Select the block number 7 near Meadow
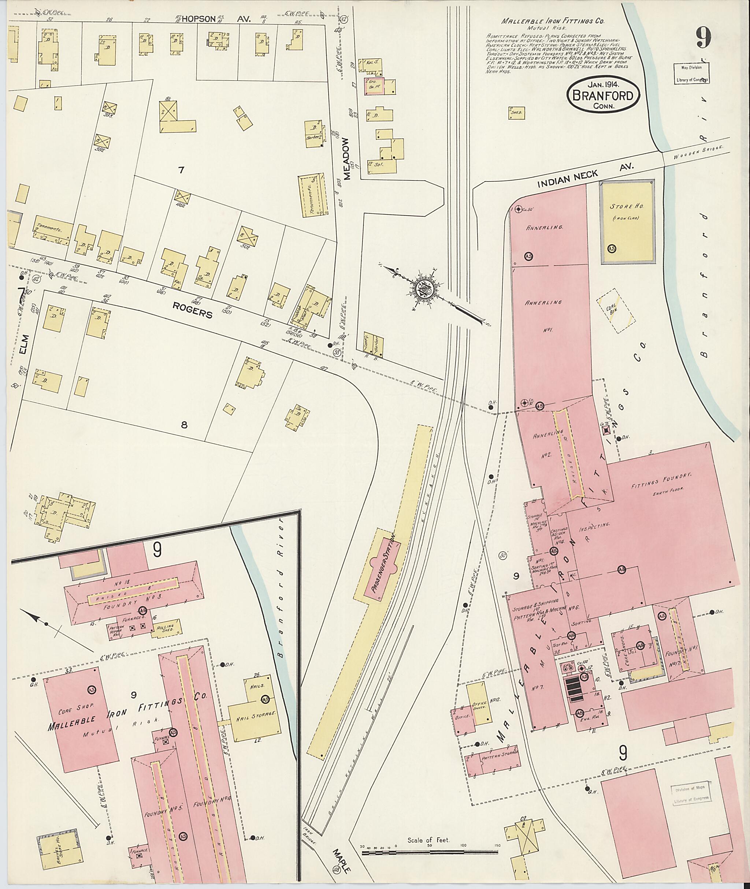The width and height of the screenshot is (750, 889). (x=181, y=170)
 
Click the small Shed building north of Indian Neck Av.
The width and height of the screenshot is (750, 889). (x=516, y=113)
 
